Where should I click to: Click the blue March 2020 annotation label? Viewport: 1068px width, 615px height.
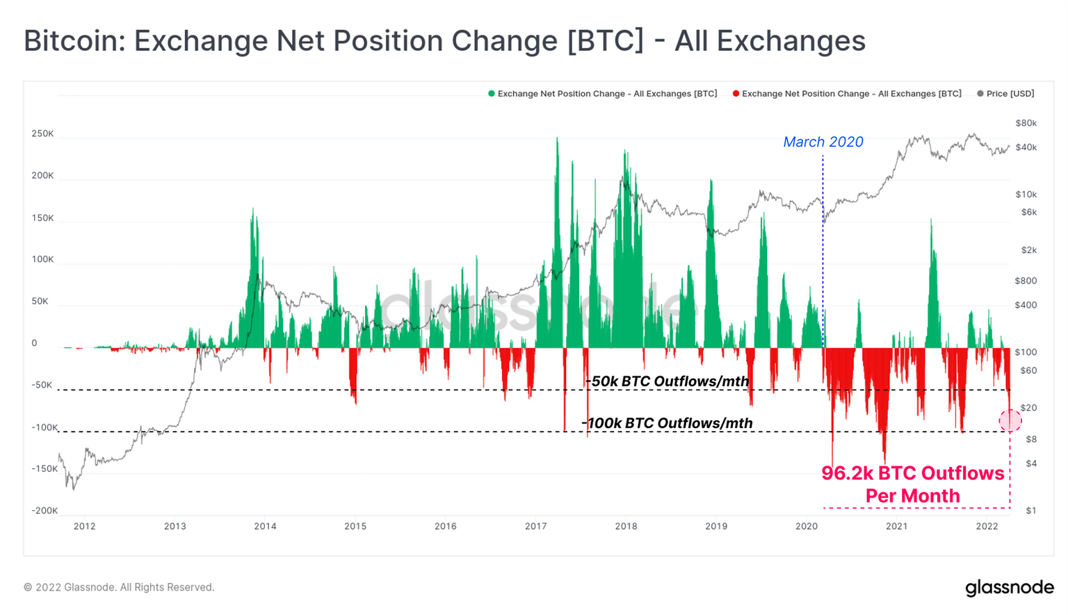(x=823, y=142)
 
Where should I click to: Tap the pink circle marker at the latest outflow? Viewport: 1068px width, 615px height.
(x=1010, y=420)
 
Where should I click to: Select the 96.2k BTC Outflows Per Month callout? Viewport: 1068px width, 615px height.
(x=912, y=484)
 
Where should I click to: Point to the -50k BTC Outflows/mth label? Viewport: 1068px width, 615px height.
(x=667, y=381)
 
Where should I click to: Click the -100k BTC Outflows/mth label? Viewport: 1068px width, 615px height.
(x=667, y=423)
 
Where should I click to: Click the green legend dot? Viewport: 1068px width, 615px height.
(x=492, y=94)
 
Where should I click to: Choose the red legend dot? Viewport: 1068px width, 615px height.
(x=736, y=94)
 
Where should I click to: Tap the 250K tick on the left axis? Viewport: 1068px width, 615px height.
(x=42, y=133)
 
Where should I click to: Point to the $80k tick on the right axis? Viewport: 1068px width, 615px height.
(x=1026, y=123)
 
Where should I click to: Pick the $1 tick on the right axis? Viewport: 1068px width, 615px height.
(x=1030, y=511)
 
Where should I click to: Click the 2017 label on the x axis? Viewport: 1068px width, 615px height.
(x=535, y=526)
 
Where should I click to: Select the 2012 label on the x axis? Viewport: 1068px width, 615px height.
(x=84, y=526)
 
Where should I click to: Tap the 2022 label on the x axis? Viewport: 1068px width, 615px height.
(x=987, y=526)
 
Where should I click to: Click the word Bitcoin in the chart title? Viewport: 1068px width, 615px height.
(x=71, y=41)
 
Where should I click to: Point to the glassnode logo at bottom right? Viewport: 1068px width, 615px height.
(x=1009, y=587)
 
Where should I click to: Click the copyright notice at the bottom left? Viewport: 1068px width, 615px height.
(x=119, y=587)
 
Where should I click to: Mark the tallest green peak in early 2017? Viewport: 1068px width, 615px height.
(x=557, y=140)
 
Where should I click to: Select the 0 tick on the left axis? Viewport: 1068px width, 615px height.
(x=34, y=343)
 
